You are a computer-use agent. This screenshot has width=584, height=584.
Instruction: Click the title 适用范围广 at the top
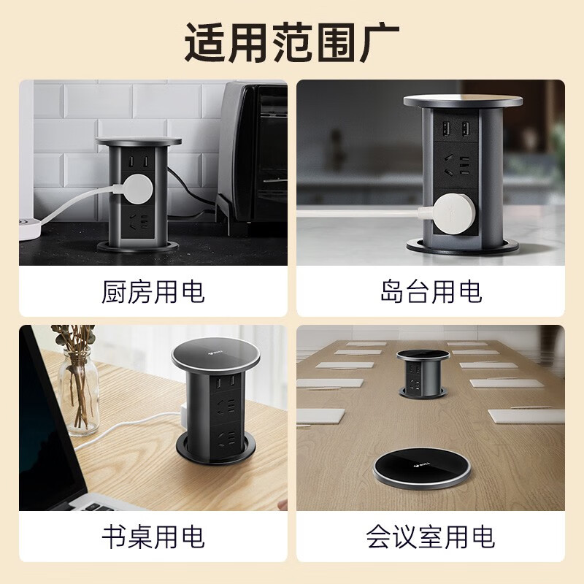point(291,42)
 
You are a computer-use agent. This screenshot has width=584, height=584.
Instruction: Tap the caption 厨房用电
point(153,292)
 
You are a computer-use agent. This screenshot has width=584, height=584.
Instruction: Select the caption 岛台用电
point(431,292)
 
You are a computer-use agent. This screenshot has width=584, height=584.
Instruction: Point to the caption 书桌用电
point(153,537)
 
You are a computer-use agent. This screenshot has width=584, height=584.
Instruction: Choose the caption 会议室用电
point(431,537)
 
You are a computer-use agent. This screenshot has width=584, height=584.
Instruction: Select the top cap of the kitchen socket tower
point(139,141)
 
